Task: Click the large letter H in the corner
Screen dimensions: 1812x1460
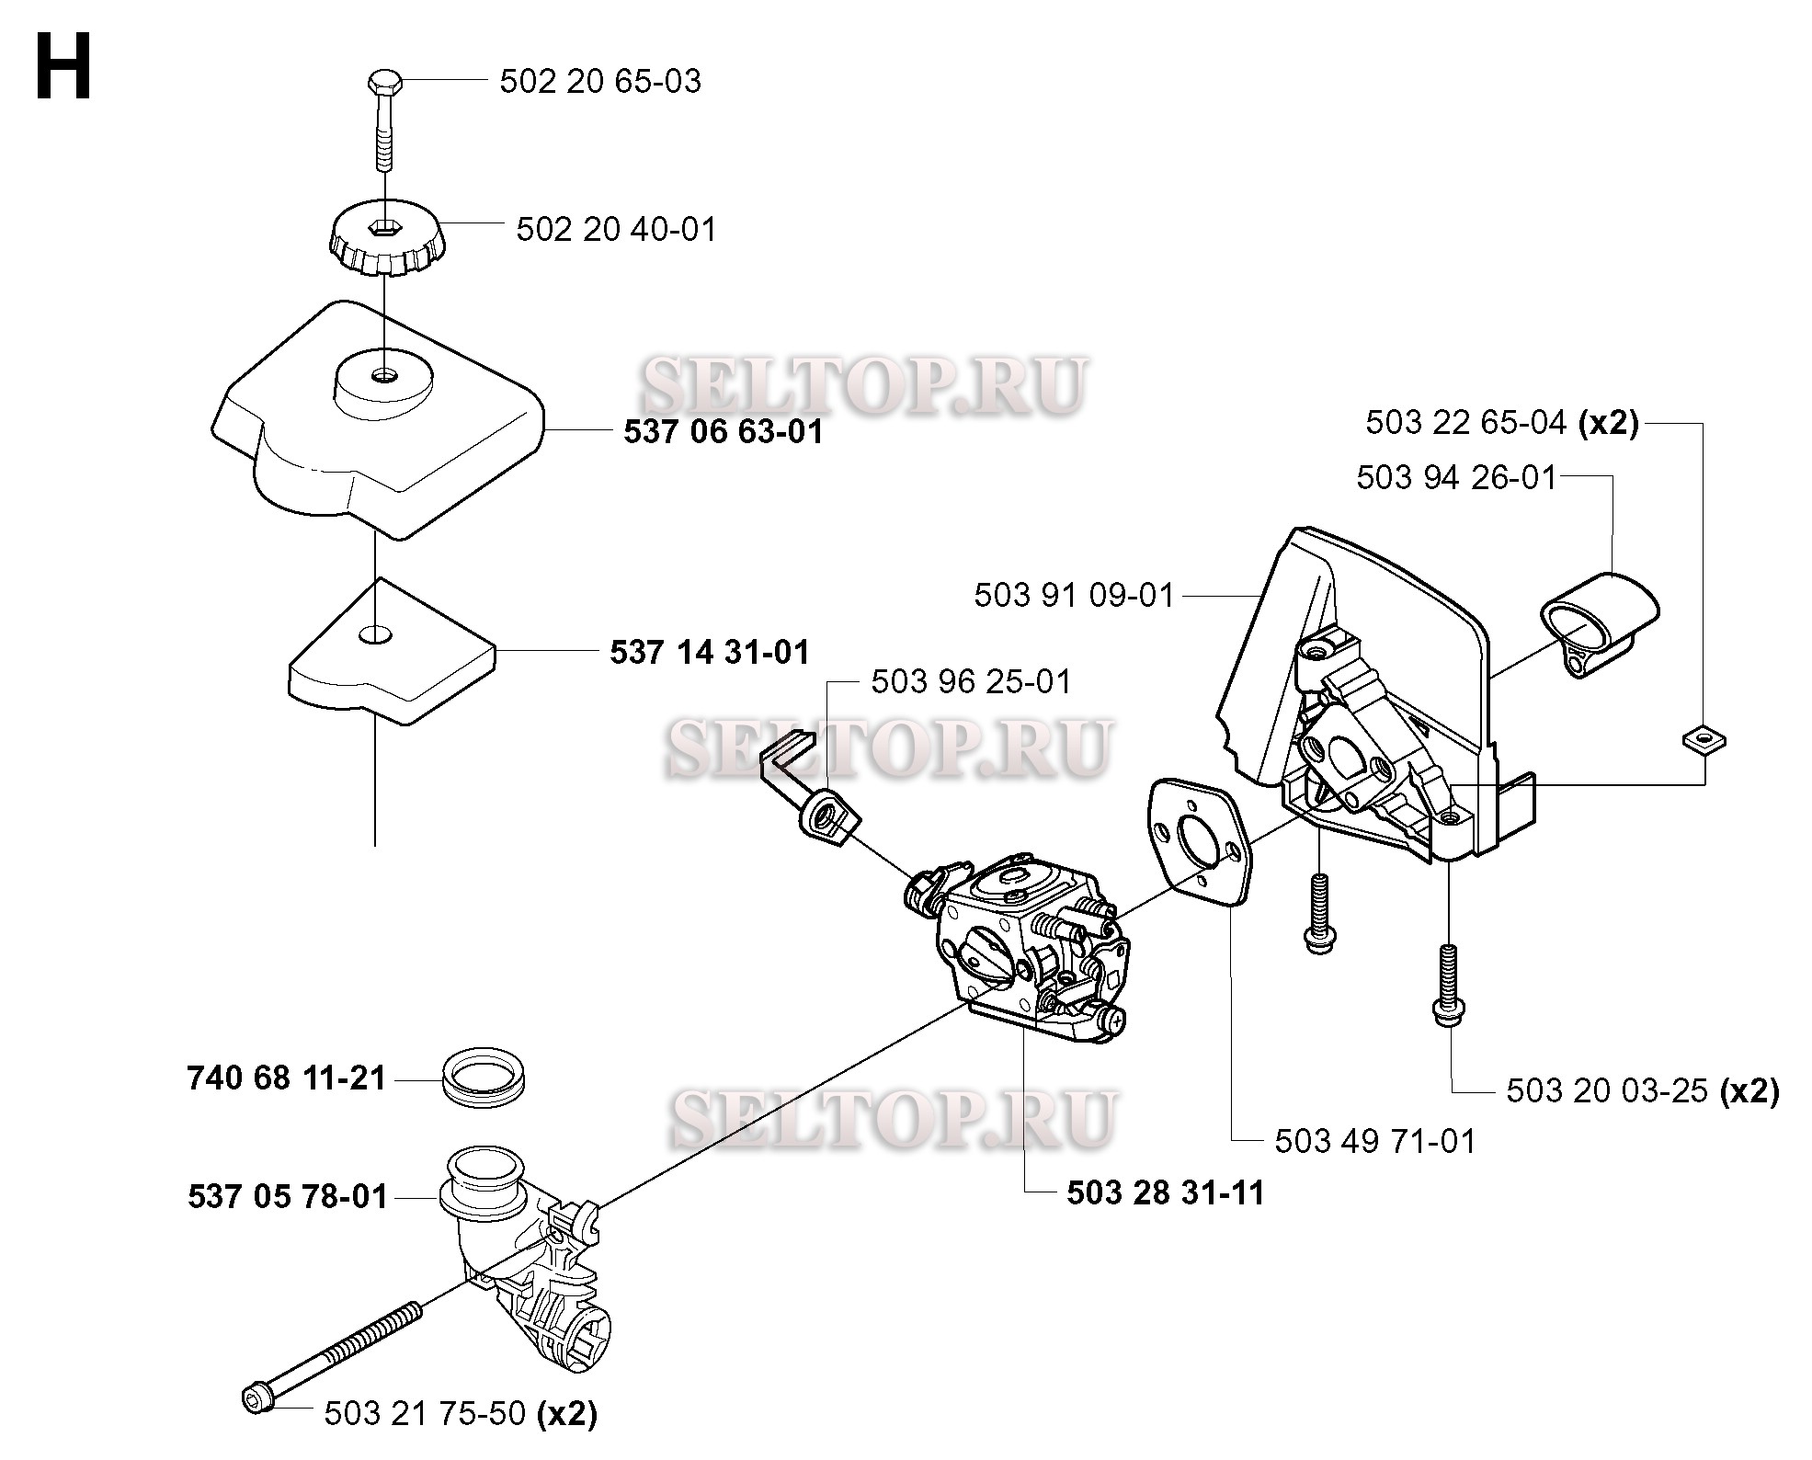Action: [63, 66]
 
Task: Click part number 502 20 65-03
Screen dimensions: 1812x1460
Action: [600, 82]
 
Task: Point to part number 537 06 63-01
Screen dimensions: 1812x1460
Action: [724, 431]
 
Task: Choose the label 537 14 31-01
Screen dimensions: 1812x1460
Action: [710, 653]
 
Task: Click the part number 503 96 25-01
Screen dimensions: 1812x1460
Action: [972, 682]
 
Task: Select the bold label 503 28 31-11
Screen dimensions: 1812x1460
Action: [1166, 1193]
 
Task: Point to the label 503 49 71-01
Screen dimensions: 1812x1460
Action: [1374, 1142]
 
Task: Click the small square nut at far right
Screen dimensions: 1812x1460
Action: [1703, 739]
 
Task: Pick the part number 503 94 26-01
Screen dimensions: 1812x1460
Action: [1456, 478]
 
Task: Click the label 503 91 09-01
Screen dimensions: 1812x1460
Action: [1075, 596]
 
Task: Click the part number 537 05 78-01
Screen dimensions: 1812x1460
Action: [288, 1197]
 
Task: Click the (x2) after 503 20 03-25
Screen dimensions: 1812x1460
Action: [1749, 1091]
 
